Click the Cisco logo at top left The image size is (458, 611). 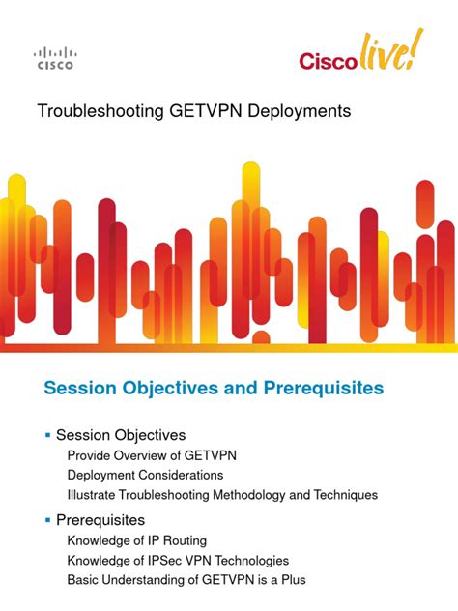coord(54,59)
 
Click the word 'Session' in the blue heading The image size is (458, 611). coord(78,388)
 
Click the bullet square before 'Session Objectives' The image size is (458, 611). coord(48,435)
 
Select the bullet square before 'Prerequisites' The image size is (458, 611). coord(48,520)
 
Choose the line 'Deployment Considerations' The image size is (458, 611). coord(145,475)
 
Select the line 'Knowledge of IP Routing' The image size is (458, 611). coord(137,540)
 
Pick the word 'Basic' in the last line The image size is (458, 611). coord(84,580)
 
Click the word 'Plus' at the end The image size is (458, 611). coord(292,580)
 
